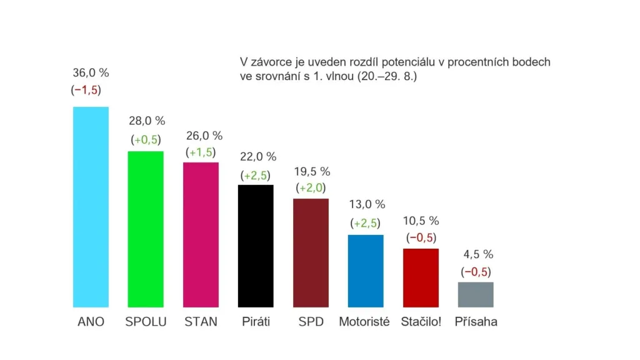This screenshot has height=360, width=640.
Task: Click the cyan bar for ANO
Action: pyautogui.click(x=91, y=207)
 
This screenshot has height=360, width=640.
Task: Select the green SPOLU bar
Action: pyautogui.click(x=145, y=229)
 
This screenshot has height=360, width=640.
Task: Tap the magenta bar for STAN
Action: pyautogui.click(x=201, y=234)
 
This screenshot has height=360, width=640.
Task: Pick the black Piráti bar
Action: pyautogui.click(x=256, y=246)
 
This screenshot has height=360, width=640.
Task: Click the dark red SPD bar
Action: pyautogui.click(x=311, y=252)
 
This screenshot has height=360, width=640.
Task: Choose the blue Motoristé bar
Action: pyautogui.click(x=365, y=271)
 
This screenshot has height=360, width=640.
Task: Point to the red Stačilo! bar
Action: pyautogui.click(x=421, y=277)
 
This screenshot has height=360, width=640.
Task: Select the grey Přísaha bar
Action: pyautogui.click(x=476, y=294)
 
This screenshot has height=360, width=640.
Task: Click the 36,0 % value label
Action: pyautogui.click(x=91, y=73)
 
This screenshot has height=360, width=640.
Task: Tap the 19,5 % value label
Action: pyautogui.click(x=312, y=172)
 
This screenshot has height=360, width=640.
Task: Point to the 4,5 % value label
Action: pyautogui.click(x=477, y=254)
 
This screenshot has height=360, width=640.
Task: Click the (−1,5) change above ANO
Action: pyautogui.click(x=86, y=90)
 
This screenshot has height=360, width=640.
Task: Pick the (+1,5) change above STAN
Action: pyautogui.click(x=201, y=152)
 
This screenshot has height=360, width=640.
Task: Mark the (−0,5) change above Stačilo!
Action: pyautogui.click(x=421, y=237)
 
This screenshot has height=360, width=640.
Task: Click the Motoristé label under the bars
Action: pyautogui.click(x=364, y=322)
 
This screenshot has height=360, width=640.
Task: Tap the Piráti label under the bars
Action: pyautogui.click(x=256, y=322)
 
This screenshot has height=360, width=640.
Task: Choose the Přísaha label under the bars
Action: pyautogui.click(x=476, y=322)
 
